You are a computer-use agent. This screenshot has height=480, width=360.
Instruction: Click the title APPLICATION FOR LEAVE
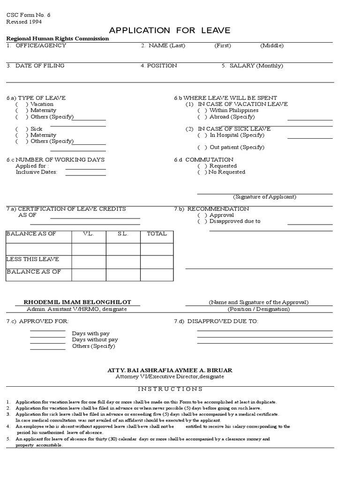tap(170, 31)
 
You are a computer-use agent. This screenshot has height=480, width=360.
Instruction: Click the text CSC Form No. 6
tap(28, 15)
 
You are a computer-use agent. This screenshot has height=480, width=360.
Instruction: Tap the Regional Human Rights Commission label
tap(58, 39)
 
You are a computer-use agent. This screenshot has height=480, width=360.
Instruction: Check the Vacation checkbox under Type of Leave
tap(22, 104)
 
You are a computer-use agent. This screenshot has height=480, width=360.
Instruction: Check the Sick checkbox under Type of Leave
tap(22, 129)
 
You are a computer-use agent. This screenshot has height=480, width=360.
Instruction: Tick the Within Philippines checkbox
tap(202, 111)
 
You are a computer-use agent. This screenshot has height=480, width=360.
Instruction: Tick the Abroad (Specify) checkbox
tap(202, 117)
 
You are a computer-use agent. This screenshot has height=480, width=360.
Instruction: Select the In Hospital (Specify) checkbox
tap(202, 135)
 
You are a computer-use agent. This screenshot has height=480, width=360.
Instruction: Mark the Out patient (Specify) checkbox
tap(202, 147)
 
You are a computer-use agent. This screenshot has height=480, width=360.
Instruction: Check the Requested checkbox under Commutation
tap(202, 166)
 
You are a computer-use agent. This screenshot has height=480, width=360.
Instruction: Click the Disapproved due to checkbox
tap(202, 221)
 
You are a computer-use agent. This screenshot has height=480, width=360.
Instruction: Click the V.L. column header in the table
tap(89, 234)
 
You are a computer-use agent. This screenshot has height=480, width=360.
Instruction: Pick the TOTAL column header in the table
tap(157, 234)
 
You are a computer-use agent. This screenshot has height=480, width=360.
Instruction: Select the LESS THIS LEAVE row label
tap(33, 259)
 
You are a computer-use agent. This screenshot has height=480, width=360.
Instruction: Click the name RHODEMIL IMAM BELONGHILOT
tap(77, 302)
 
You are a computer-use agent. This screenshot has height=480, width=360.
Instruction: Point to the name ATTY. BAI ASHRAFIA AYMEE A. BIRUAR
tap(170, 370)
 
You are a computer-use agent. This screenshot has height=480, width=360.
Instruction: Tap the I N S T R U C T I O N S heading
tap(170, 389)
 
